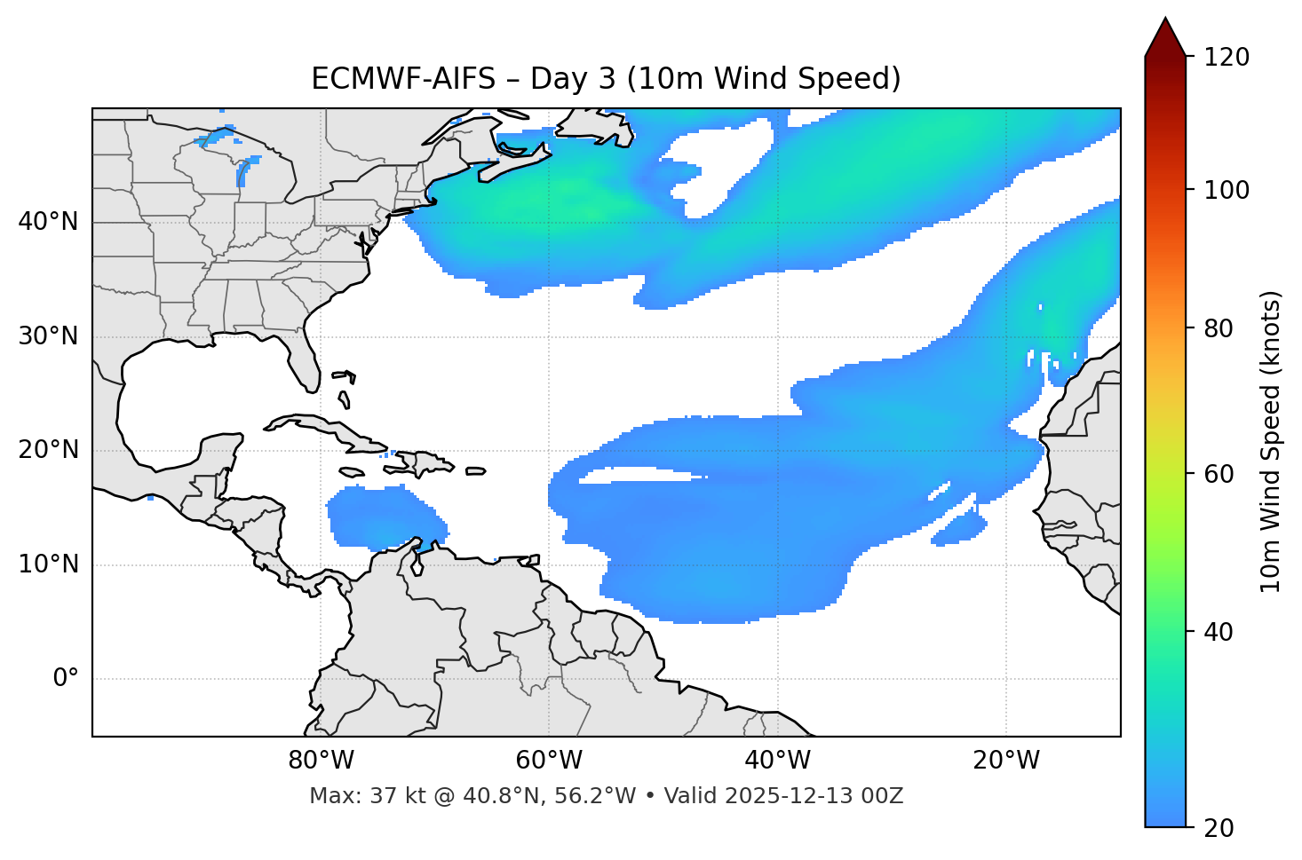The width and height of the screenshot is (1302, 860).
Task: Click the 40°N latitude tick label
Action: [x=48, y=221]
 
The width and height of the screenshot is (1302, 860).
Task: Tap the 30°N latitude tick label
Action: [x=48, y=336]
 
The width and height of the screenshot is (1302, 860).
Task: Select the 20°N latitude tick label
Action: [x=48, y=450]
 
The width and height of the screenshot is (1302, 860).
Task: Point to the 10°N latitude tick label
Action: [x=48, y=564]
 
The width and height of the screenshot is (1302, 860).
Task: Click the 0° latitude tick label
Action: [x=66, y=679]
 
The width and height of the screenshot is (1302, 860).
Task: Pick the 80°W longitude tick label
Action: [x=321, y=761]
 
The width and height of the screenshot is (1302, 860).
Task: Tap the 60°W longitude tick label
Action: [x=549, y=761]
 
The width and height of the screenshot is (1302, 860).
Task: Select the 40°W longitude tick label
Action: [x=778, y=761]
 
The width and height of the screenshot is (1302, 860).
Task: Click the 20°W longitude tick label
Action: [x=1006, y=761]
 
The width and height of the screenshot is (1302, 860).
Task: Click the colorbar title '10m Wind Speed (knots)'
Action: [x=1272, y=442]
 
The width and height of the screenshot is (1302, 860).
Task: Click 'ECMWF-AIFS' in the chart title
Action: [x=402, y=79]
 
